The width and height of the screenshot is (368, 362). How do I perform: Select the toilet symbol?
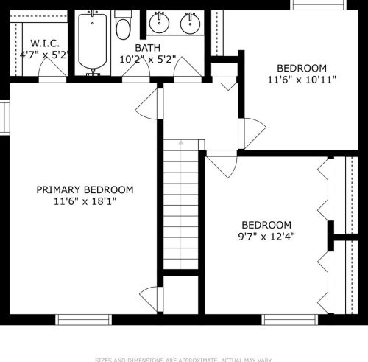[123, 27]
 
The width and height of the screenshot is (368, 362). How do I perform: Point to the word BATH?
[146, 48]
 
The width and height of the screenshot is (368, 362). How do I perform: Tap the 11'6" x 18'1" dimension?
[85, 201]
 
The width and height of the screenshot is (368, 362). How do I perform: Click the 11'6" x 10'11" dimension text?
[302, 79]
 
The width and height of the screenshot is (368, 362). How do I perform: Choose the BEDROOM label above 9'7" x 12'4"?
[266, 225]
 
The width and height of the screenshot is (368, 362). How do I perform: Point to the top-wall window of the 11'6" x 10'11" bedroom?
[317, 4]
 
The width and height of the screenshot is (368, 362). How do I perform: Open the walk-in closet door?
[52, 69]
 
